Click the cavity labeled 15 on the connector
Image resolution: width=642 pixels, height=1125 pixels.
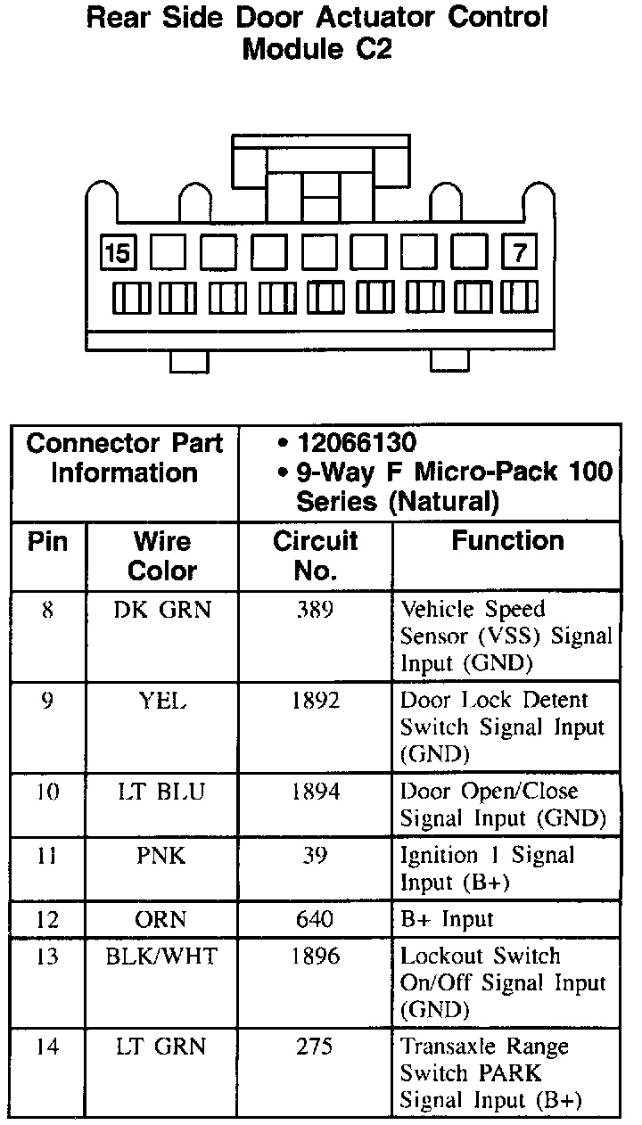click(117, 254)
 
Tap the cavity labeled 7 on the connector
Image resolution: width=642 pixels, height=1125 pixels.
click(521, 254)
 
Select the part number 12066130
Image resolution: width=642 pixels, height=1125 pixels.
click(358, 443)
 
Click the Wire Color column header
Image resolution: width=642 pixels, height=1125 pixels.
click(162, 555)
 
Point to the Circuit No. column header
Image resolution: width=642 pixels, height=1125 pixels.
click(315, 555)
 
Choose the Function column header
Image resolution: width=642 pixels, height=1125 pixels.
click(507, 541)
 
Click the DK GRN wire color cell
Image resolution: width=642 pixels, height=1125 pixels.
click(162, 610)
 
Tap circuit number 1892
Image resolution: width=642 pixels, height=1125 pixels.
click(315, 701)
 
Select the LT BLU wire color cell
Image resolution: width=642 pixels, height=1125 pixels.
click(162, 792)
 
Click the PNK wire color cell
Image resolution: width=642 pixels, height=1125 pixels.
click(162, 856)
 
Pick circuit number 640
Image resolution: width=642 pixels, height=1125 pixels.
click(315, 919)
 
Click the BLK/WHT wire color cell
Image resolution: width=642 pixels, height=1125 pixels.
click(162, 957)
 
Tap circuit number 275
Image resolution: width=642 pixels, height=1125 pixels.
click(315, 1047)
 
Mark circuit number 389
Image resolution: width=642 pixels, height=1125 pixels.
click(315, 610)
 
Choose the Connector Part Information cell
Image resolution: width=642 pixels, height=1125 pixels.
click(125, 458)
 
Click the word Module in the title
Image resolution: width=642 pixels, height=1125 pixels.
click(289, 50)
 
